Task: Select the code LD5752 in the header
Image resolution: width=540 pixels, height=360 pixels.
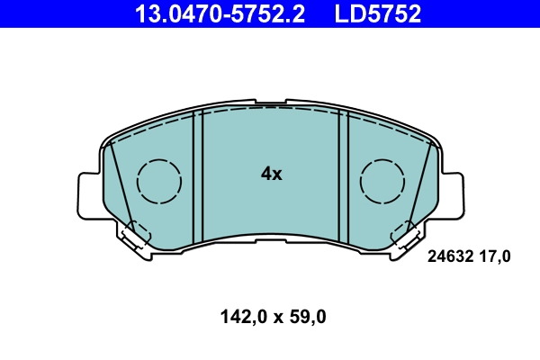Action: [379, 13]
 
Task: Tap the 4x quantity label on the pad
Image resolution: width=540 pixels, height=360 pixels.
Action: [271, 175]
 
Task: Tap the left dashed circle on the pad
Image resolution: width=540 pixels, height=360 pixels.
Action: [159, 181]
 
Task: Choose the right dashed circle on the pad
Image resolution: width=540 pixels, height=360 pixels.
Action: [383, 181]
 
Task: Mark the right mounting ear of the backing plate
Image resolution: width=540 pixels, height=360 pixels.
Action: [452, 193]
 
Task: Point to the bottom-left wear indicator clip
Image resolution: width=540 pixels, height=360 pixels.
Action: [135, 236]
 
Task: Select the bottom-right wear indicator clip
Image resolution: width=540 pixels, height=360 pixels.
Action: [407, 236]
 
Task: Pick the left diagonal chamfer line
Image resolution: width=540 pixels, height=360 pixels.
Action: [119, 184]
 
